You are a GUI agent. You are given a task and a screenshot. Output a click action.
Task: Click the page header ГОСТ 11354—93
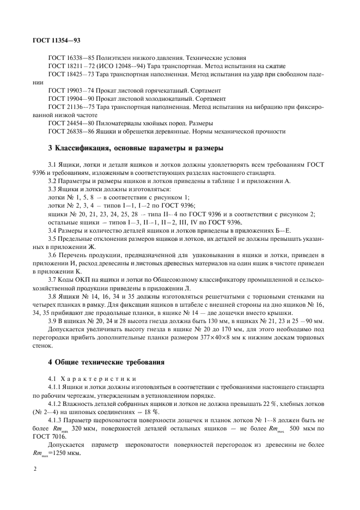pos(57,40)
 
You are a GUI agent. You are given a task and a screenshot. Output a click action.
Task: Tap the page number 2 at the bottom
pos(35,467)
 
